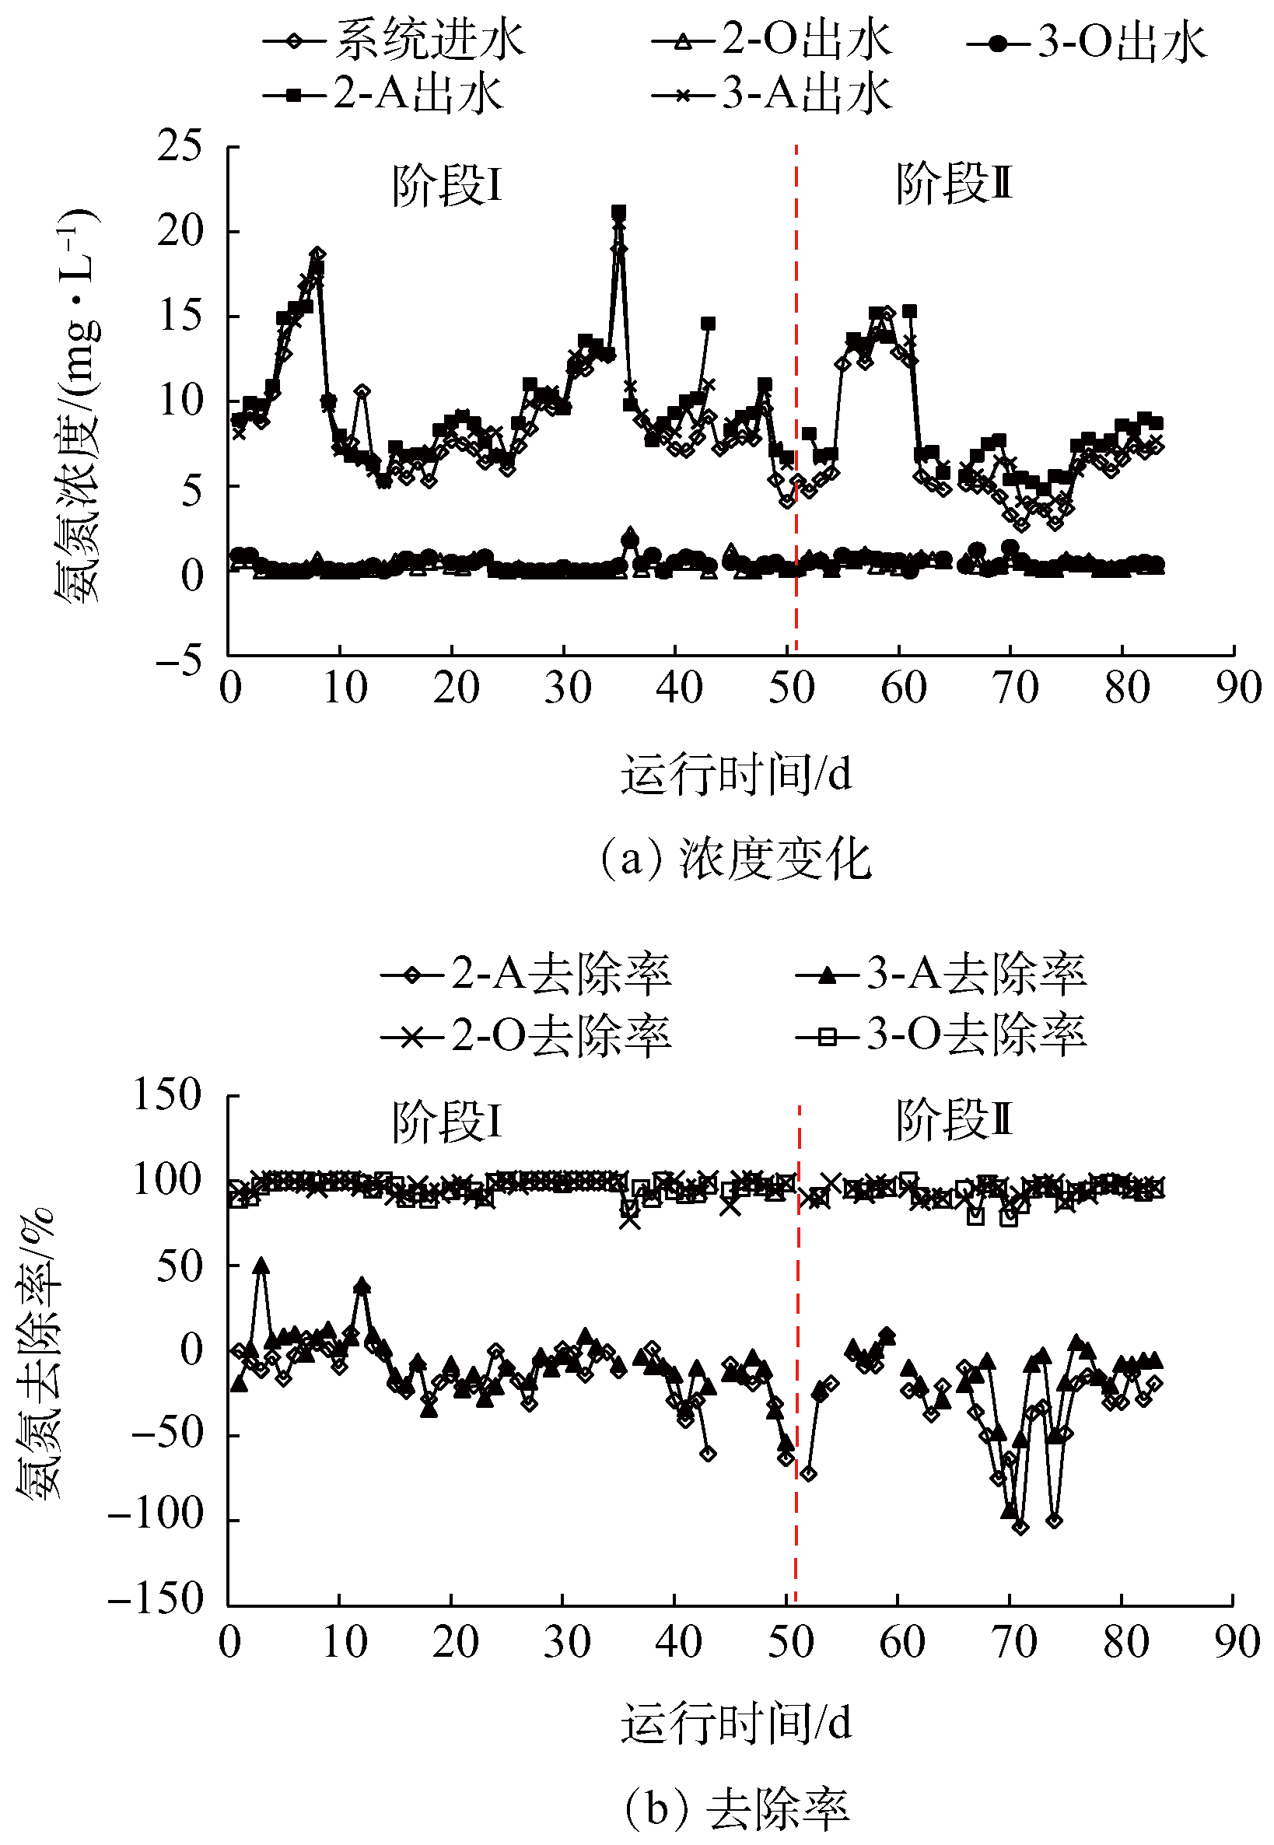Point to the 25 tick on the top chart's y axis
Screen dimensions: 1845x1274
point(180,147)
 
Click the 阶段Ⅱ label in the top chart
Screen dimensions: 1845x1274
point(953,185)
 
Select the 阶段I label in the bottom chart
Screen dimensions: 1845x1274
point(446,1122)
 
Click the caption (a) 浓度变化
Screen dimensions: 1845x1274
point(734,859)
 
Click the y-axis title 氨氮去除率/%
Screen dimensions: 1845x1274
point(38,1350)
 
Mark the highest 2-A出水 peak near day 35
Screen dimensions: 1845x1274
point(618,212)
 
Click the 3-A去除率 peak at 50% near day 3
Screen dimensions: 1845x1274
point(261,1265)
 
